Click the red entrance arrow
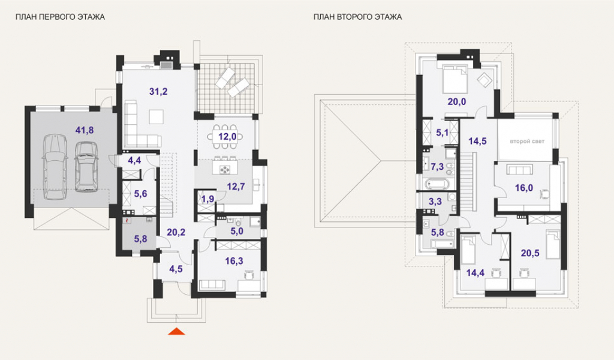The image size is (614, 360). point(177,331)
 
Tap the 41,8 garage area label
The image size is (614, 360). point(85,130)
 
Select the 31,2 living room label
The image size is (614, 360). point(158,92)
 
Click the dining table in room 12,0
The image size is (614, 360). point(225,137)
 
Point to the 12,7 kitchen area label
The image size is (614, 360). point(236,187)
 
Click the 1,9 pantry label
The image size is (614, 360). point(208,199)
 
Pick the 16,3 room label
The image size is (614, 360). point(234,261)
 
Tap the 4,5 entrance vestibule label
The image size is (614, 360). point(176,269)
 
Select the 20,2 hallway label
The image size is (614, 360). point(176,232)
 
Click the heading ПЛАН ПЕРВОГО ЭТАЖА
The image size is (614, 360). point(60,17)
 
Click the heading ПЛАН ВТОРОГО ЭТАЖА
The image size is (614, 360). point(357,17)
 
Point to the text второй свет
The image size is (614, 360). point(527,142)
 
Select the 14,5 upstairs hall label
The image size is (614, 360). point(477,141)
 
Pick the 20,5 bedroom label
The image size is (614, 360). point(530,253)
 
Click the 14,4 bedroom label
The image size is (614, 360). point(475,272)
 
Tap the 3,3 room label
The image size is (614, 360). point(435,202)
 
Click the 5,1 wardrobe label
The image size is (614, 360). point(442,133)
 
